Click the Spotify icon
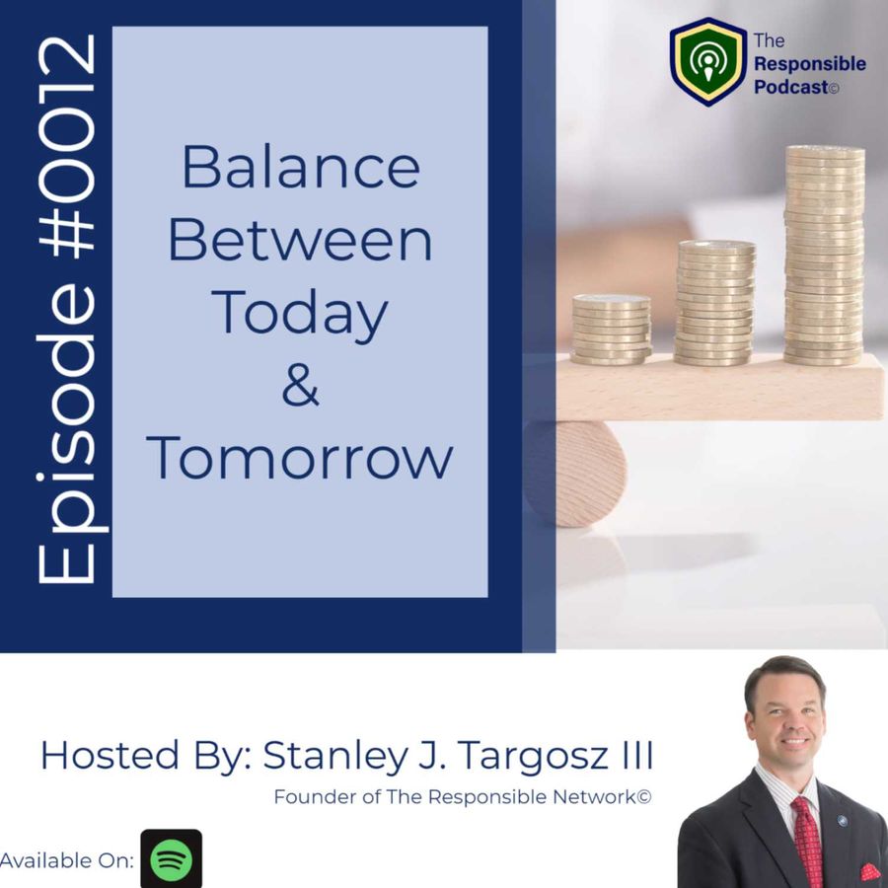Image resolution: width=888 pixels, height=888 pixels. (x=171, y=858)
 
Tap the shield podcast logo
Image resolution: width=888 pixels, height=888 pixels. (x=707, y=62)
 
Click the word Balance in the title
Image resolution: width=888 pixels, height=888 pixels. (x=301, y=167)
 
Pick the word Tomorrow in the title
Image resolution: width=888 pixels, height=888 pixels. (x=300, y=458)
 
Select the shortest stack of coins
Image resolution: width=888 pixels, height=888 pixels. (x=611, y=330)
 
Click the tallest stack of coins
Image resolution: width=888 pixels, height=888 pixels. (x=824, y=256)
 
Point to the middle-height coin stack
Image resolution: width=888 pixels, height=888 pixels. (x=715, y=303)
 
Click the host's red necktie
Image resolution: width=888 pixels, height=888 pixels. (x=806, y=841)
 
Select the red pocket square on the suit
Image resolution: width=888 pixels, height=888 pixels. (x=870, y=871)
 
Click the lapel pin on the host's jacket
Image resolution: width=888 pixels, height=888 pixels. (x=843, y=821)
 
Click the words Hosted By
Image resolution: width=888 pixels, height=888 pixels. (x=142, y=757)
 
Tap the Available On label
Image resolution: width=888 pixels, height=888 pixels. (x=67, y=860)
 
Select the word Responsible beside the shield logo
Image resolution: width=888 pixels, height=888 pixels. (x=810, y=64)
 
